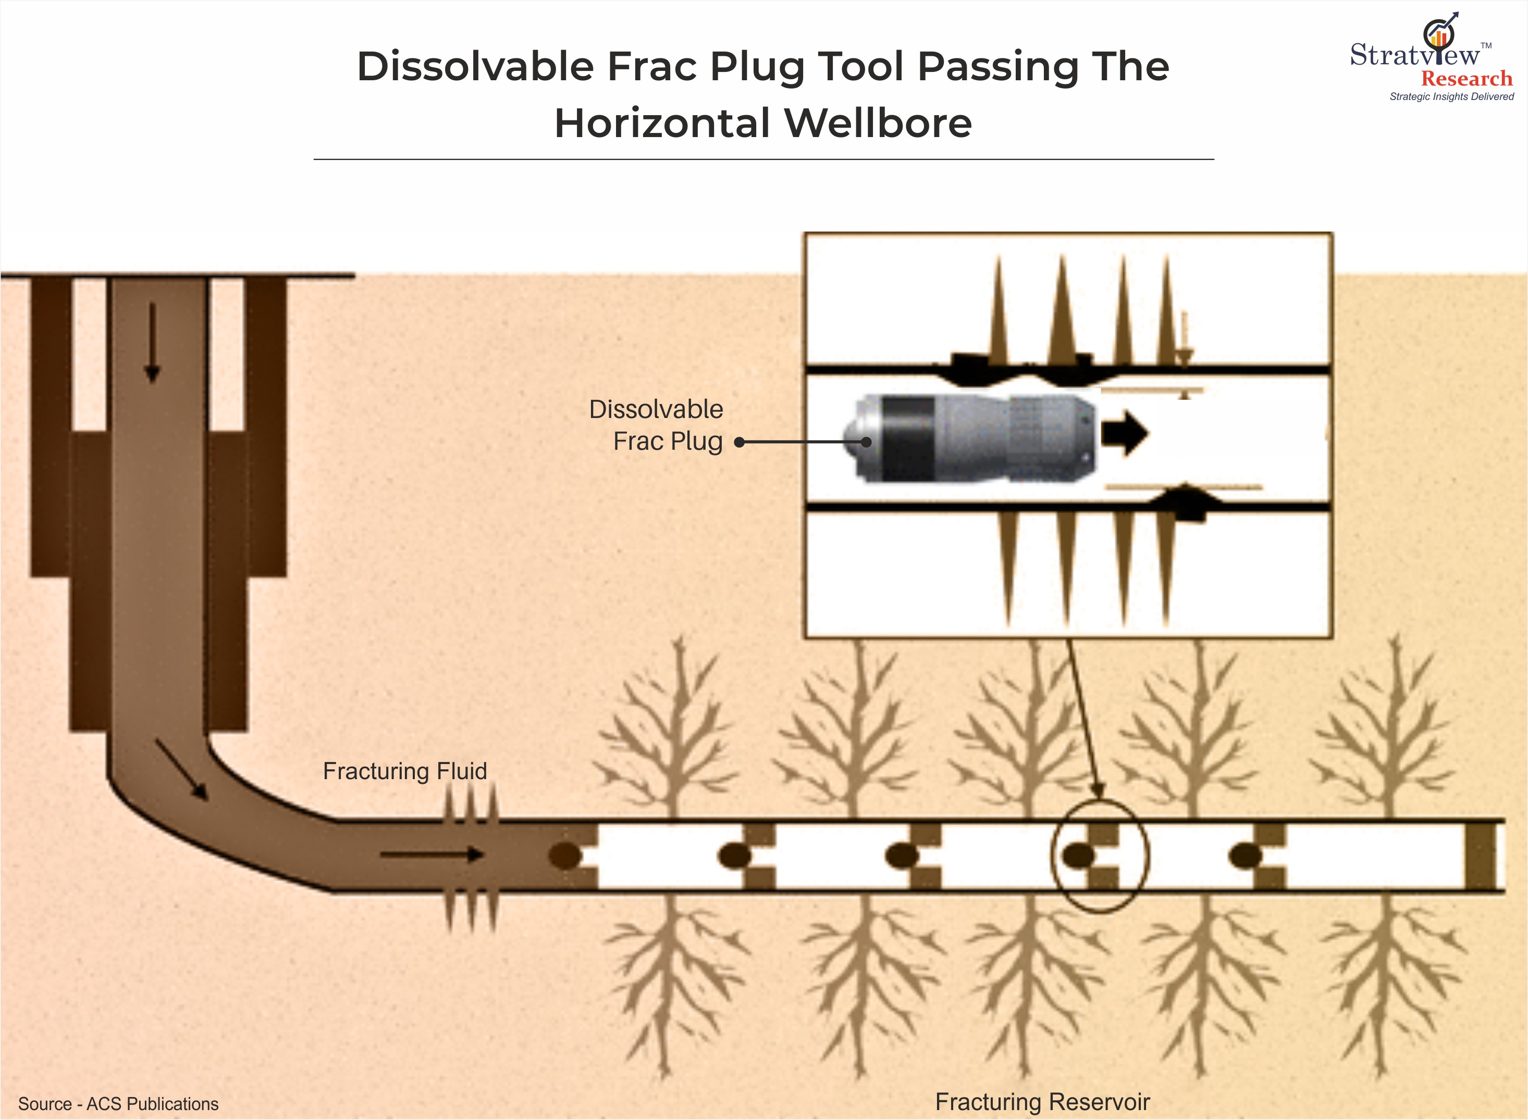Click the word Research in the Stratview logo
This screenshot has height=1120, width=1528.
[1467, 79]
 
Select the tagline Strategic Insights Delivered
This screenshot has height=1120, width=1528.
[1451, 97]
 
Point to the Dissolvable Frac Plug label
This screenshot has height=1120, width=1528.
[656, 425]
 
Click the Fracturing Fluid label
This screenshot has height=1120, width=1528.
[405, 771]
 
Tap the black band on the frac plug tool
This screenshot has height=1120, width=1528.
[909, 439]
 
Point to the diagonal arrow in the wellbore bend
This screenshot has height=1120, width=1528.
[182, 769]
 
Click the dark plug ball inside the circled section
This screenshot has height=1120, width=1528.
[1078, 856]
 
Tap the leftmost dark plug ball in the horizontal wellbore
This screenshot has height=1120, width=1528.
[565, 856]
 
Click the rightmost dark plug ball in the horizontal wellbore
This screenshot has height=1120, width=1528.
[1244, 856]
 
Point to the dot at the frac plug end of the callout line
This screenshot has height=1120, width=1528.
[866, 442]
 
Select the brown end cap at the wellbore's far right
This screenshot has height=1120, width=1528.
[1480, 856]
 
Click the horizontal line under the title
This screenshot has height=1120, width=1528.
[763, 159]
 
